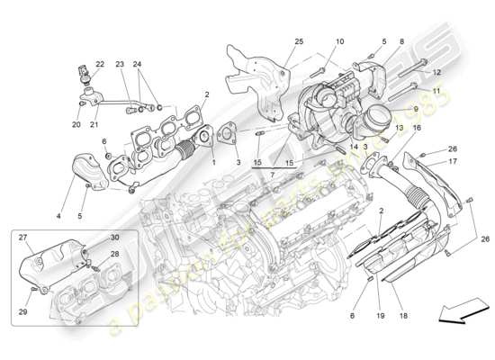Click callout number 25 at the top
(299, 42)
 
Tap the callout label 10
(340, 42)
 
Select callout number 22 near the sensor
(100, 63)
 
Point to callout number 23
(120, 63)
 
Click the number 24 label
(138, 63)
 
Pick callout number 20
(76, 124)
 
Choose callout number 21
(93, 124)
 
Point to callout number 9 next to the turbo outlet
(416, 109)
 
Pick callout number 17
(454, 161)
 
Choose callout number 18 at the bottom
(402, 316)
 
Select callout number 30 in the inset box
(114, 237)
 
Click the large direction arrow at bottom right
(455, 313)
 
